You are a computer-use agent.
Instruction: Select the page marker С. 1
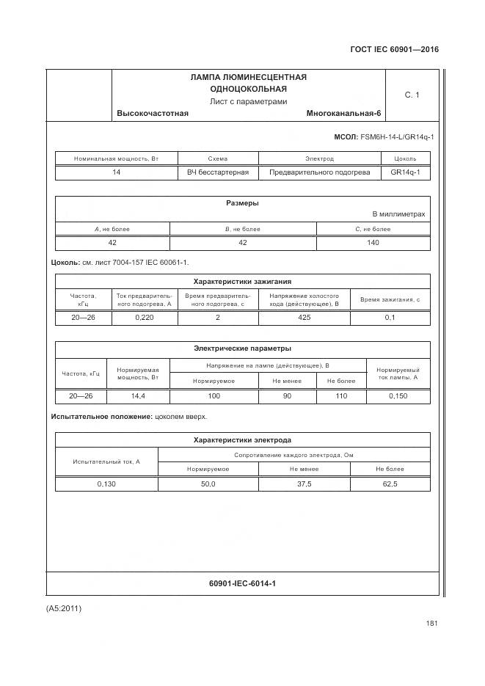412,95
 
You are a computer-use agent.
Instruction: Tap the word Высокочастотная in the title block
152,113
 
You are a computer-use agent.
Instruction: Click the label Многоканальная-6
344,113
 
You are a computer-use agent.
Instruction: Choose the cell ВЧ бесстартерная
218,172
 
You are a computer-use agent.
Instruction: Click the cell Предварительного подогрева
319,172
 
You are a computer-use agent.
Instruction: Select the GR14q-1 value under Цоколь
405,172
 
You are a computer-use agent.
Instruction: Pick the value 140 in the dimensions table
373,242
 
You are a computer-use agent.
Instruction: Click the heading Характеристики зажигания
242,281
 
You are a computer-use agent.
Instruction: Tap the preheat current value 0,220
145,318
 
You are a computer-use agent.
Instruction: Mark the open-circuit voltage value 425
305,318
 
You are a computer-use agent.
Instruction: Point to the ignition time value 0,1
390,318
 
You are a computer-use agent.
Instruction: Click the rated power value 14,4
138,395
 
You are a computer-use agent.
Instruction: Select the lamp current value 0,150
398,395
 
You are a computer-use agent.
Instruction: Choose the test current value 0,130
106,484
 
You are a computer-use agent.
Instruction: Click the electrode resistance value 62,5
390,484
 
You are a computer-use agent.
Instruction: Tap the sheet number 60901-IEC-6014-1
242,583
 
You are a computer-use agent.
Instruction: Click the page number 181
431,624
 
